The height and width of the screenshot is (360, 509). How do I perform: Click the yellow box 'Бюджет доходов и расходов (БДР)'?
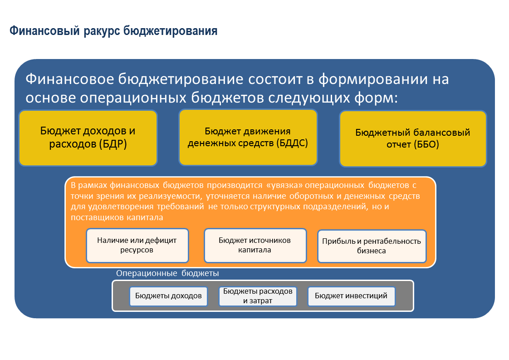[x=88, y=138]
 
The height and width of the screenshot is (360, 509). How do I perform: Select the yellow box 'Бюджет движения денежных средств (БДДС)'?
[x=248, y=137]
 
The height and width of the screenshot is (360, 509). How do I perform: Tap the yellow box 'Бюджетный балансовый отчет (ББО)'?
[x=413, y=138]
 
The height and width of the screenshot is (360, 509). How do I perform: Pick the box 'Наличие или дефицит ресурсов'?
[x=137, y=245]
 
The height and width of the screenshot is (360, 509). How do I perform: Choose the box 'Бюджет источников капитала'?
[x=254, y=245]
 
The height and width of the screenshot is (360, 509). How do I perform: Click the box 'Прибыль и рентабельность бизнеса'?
[x=372, y=246]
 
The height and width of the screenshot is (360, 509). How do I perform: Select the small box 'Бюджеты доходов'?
[x=168, y=296]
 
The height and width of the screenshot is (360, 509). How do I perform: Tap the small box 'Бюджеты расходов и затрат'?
[x=258, y=296]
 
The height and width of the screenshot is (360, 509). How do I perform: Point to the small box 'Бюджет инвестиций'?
[x=351, y=296]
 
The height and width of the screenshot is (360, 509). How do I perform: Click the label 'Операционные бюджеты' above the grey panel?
[x=167, y=273]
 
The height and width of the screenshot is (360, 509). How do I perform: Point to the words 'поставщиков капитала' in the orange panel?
[x=117, y=218]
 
